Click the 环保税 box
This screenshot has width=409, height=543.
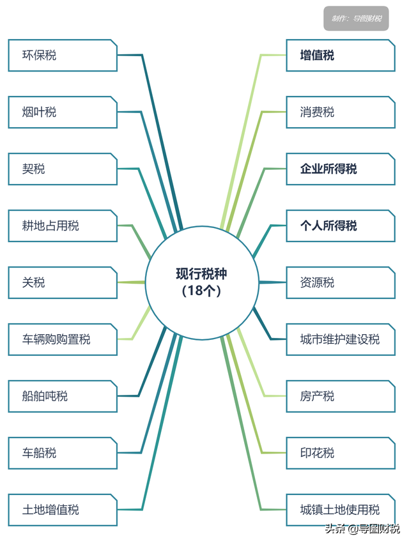tap(63, 56)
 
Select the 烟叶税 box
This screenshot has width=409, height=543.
tap(63, 112)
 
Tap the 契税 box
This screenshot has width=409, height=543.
tap(63, 169)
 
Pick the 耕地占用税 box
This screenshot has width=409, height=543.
tap(63, 226)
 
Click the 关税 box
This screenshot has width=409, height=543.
tap(63, 282)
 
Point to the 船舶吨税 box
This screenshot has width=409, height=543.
tap(63, 396)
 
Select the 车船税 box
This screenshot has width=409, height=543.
tap(63, 453)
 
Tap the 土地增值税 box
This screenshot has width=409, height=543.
tap(63, 510)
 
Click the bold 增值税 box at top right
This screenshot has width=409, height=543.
tap(341, 56)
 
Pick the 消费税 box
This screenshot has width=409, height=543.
tap(341, 112)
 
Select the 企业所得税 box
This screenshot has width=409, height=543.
tap(341, 169)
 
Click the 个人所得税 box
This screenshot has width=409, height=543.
tap(341, 226)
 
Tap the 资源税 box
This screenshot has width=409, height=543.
tap(341, 282)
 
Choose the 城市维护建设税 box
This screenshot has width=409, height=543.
tap(341, 339)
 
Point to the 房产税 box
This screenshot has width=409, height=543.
tap(341, 396)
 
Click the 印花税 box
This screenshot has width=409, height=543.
tap(341, 453)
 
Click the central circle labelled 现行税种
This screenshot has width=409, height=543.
tap(202, 282)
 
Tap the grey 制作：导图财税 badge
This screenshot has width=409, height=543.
tap(356, 19)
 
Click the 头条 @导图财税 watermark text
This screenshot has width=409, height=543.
tap(362, 529)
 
